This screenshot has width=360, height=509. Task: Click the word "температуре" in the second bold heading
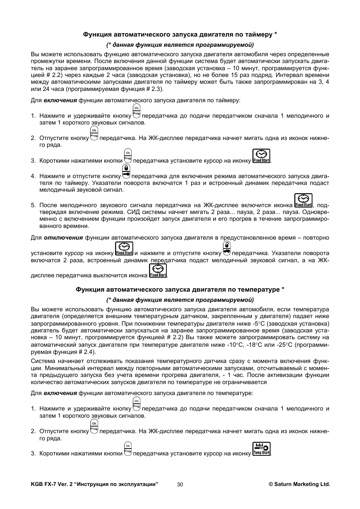pos(261,290)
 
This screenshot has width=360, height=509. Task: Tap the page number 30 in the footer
pos(180,484)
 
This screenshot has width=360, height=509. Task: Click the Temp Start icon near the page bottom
pos(262,449)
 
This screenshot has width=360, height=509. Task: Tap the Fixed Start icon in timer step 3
pos(262,156)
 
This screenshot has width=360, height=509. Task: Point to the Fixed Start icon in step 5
pos(303,200)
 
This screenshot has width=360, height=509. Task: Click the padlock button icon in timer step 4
pos(126,171)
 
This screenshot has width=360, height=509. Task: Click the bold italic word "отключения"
pos(63,238)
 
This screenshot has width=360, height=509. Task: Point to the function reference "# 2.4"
pos(86,352)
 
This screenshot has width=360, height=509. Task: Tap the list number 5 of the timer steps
pos(33,205)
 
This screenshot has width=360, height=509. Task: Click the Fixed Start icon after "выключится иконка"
pos(158,271)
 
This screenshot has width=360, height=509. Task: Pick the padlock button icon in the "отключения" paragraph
pos(227,249)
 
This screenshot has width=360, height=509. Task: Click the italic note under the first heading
pos(180,45)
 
